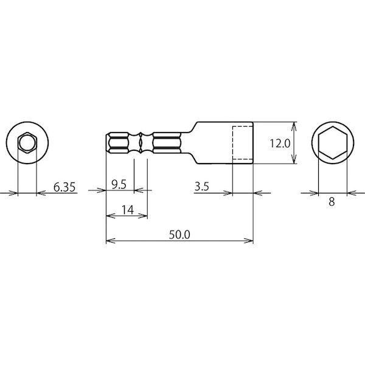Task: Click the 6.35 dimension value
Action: pos(64,187)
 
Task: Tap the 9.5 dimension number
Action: pos(119,184)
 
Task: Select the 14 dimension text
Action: pos(128,210)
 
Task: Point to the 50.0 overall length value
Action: pos(179,235)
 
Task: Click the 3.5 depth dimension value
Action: pos(202,187)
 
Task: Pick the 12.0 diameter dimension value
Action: pos(280,144)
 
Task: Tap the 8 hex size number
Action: pos(332,201)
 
